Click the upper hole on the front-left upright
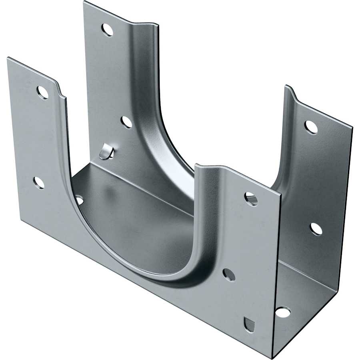click(42, 92)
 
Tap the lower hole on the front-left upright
click(39, 183)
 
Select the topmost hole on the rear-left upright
click(107, 30)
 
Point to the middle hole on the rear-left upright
click(126, 122)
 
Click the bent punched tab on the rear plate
click(106, 152)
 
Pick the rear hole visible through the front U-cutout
click(79, 200)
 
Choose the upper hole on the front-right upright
click(251, 199)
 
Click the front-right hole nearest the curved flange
click(229, 274)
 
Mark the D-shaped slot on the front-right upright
click(249, 324)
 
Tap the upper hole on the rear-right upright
click(311, 127)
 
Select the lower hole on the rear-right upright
click(316, 229)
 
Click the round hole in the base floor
click(283, 312)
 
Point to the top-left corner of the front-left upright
click(8, 58)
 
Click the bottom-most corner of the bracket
click(272, 357)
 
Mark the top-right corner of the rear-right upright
click(352, 128)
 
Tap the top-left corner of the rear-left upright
click(84, 2)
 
